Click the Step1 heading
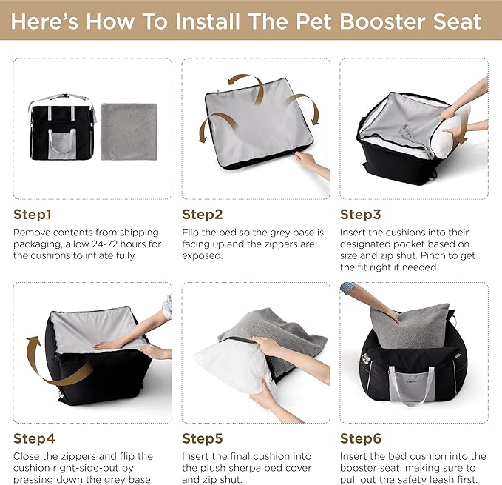click(33, 215)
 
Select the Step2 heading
click(202, 215)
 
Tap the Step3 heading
click(360, 215)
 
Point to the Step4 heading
click(34, 438)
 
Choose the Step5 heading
click(203, 438)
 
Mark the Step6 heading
click(360, 438)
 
